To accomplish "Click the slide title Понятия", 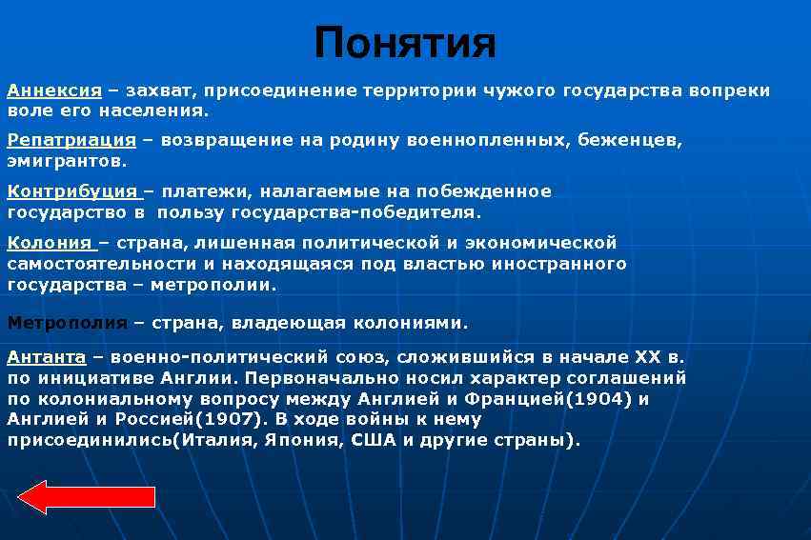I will pos(405,43).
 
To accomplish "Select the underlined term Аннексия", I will pos(54,91).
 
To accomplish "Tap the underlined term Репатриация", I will pos(71,141).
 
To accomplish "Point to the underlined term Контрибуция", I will pos(72,191).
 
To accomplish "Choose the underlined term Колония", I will pos(50,243).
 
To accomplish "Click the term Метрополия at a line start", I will pos(67,323).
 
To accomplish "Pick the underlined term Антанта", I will pos(47,357).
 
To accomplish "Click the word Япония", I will pos(299,441).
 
